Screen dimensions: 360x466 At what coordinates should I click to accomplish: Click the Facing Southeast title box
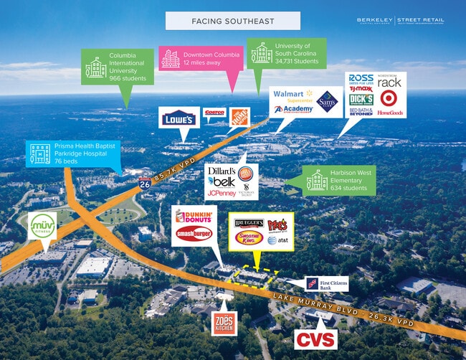coord(232,21)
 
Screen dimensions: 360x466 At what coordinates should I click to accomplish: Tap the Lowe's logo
coord(178,118)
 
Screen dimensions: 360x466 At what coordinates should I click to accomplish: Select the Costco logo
coord(214,113)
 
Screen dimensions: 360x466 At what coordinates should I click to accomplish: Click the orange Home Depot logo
coord(238,117)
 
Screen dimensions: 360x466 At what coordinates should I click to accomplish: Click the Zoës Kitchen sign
coord(224,323)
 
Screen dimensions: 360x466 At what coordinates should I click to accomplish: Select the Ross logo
coord(361,80)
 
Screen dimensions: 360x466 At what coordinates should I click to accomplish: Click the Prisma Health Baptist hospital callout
coord(72,153)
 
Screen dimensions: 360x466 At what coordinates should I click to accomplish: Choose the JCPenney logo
coord(222,193)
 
